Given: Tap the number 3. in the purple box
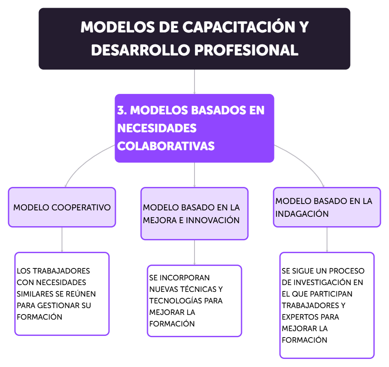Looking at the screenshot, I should coord(122,110).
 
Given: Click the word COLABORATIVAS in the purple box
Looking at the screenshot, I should coord(166,146).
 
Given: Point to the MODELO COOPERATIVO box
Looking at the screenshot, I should coord(62,207).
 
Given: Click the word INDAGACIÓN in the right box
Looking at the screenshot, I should coord(302,214).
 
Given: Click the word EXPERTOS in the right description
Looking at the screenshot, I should coord(299,317).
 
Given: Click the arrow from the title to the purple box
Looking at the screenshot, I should coord(194,82).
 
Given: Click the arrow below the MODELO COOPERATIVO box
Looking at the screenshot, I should coord(62,239).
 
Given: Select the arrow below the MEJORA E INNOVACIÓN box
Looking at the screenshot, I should coord(194,252).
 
